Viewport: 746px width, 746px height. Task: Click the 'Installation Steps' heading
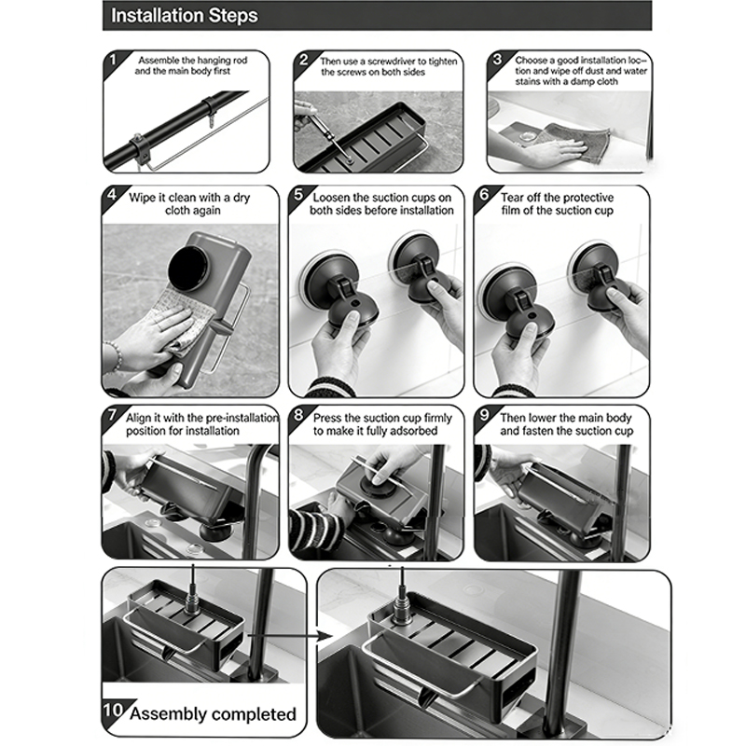184,16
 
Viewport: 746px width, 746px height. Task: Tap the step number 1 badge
112,61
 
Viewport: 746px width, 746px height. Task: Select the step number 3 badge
497,60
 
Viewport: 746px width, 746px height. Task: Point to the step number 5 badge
298,194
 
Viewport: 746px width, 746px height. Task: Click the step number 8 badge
298,414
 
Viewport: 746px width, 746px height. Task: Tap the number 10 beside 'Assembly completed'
113,710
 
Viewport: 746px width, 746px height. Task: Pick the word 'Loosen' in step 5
331,198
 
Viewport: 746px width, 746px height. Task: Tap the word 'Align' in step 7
138,418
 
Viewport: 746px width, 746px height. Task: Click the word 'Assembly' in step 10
168,714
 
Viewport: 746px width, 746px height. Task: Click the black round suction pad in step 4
190,269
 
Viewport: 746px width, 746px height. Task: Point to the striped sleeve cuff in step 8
316,529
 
